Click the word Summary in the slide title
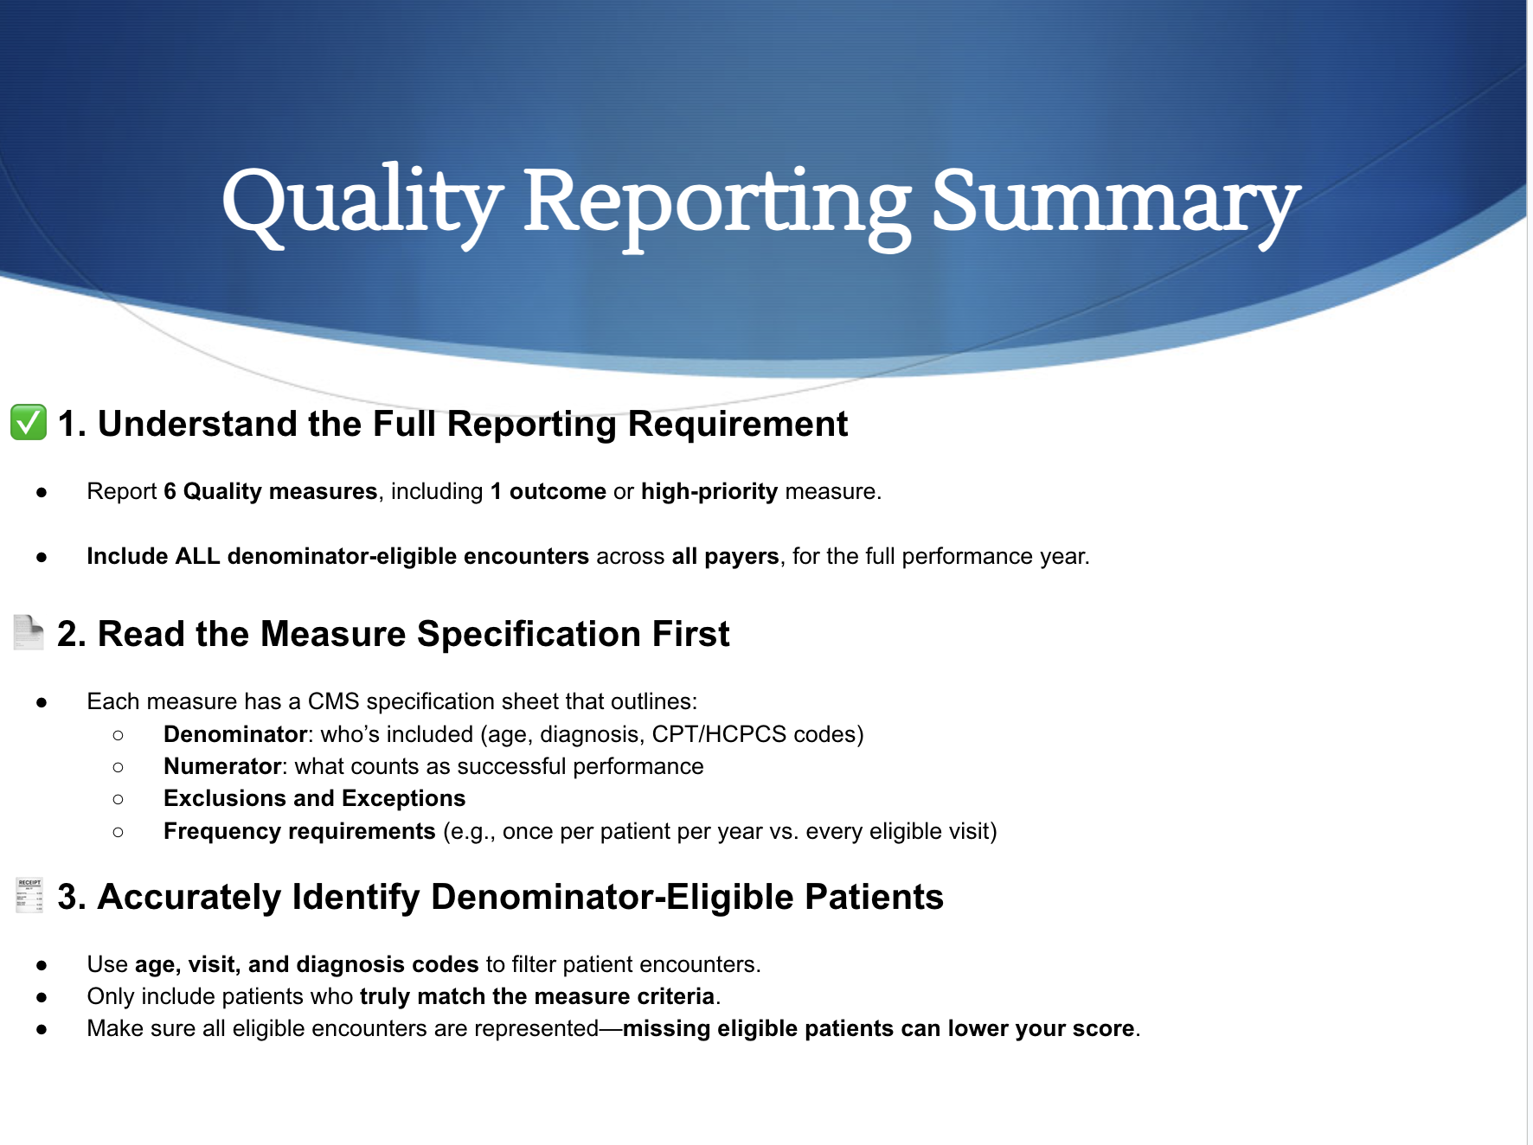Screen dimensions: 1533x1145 tap(1115, 204)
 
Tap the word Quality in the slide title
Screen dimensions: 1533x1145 tap(362, 204)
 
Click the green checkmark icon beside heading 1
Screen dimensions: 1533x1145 tap(29, 422)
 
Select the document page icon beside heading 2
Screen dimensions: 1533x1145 tap(29, 632)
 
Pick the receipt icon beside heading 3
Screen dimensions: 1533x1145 tap(29, 895)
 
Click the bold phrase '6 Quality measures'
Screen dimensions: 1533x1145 tap(271, 491)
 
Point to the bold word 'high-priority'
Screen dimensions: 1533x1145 tap(709, 491)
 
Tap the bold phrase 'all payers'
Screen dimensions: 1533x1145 tap(726, 556)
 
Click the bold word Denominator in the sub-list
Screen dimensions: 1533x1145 tap(235, 734)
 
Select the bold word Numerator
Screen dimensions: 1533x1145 tap(222, 766)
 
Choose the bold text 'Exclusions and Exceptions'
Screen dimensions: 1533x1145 tap(314, 798)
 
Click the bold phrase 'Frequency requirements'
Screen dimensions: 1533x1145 tap(299, 831)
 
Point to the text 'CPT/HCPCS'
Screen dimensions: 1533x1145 tap(719, 734)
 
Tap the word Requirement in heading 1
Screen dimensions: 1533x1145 tap(738, 424)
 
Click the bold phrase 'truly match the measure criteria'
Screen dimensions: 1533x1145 tap(537, 996)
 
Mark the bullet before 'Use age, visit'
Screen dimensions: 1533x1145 tap(42, 965)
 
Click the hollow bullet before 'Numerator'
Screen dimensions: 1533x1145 tap(119, 767)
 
